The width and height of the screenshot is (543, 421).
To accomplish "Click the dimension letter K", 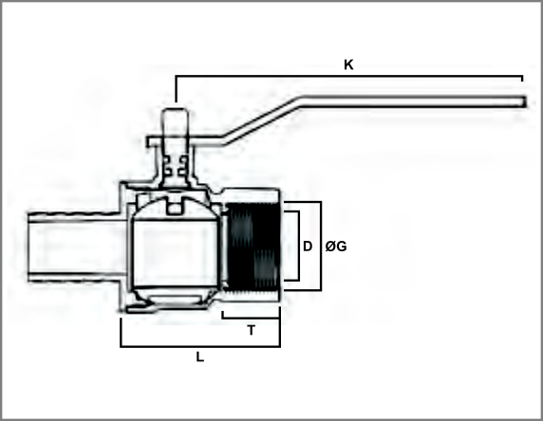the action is (348, 64).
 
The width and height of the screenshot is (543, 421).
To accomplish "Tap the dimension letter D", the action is (308, 247).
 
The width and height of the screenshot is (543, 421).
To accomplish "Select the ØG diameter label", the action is (336, 247).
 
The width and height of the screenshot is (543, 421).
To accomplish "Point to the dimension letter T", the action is (252, 331).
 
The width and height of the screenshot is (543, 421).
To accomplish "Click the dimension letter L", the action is (199, 357).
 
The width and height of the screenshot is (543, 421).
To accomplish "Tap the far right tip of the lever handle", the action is (526, 102).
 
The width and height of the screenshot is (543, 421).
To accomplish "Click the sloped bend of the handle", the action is (263, 120).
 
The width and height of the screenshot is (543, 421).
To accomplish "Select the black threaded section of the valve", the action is (253, 247).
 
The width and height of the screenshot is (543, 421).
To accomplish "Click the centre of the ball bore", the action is (175, 252).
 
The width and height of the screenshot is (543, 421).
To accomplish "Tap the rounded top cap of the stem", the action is (176, 114).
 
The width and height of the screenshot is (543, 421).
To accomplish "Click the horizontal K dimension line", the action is (349, 76).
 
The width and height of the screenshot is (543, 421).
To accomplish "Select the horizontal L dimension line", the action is (200, 346).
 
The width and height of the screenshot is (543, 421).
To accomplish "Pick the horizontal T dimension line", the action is (251, 318).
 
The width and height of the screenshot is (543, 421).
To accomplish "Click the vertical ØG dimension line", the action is (321, 246).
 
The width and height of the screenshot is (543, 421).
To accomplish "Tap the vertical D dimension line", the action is (298, 246).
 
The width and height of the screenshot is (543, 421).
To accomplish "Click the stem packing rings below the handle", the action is (176, 165).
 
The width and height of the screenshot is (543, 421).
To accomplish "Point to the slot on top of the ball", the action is (176, 207).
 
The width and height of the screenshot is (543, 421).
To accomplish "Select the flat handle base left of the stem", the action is (155, 142).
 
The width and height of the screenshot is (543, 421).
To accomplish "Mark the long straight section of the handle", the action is (414, 102).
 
